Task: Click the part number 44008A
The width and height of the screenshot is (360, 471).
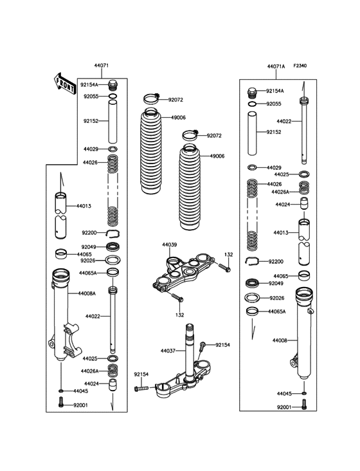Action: click(87, 293)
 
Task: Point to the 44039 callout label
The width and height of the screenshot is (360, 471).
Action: click(169, 245)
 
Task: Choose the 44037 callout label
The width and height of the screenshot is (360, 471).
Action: click(168, 351)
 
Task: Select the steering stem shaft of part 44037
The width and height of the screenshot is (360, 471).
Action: click(191, 351)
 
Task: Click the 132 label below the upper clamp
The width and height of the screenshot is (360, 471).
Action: click(180, 315)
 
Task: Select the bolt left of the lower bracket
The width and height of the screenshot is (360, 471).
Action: click(142, 389)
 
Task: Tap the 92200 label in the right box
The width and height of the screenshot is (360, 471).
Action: click(276, 262)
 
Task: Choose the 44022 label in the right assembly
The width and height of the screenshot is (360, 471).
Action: click(285, 121)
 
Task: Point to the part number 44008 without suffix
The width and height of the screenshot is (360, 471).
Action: click(280, 340)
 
